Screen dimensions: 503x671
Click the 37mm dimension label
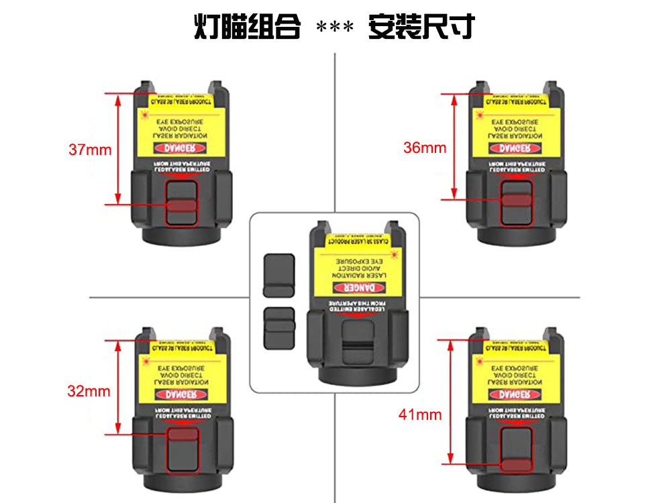pyautogui.click(x=90, y=150)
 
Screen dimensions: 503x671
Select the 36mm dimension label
pyautogui.click(x=424, y=148)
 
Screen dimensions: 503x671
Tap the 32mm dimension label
pyautogui.click(x=89, y=392)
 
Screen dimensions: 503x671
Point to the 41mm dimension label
pyautogui.click(x=420, y=414)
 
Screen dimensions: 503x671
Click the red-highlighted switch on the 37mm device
pyautogui.click(x=181, y=205)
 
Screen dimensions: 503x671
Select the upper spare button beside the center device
pyautogui.click(x=279, y=275)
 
